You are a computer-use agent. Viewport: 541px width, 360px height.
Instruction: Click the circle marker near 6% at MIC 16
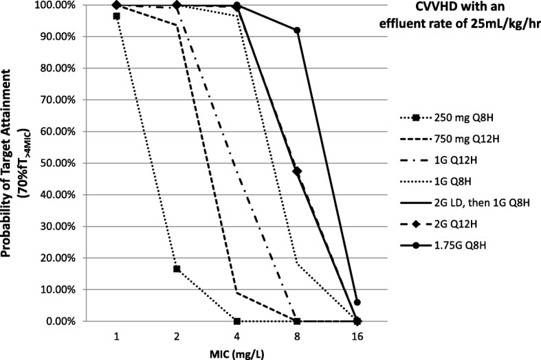pos(357,302)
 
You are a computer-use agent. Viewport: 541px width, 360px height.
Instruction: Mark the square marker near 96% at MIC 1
pos(117,16)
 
